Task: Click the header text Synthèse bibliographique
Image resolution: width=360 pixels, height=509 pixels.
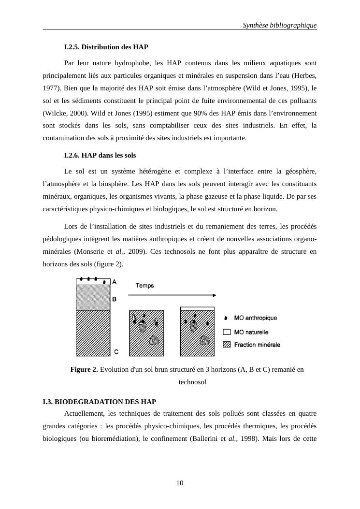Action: point(279,25)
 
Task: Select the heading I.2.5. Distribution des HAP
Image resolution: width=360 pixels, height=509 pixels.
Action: point(106,47)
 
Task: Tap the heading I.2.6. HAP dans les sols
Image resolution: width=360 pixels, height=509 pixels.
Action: point(100,156)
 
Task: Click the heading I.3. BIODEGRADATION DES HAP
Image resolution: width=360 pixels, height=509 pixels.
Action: point(99,402)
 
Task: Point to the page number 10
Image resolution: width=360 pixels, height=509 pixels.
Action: point(180,483)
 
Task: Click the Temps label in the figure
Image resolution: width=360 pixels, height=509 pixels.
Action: point(144,286)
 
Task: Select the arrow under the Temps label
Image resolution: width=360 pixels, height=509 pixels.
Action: point(172,295)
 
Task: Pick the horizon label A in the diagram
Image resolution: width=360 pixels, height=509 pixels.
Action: point(114,281)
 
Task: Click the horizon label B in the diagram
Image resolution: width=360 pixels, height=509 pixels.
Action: point(114,299)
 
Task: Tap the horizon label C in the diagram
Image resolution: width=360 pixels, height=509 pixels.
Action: point(116,351)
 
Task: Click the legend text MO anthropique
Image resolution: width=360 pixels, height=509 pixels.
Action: point(256,318)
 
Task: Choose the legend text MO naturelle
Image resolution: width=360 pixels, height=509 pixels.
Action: point(251,332)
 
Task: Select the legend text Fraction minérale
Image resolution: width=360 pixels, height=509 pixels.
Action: point(257,345)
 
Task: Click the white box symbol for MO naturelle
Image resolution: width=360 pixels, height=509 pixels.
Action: point(226,332)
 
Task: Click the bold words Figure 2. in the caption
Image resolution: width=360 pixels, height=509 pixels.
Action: point(84,370)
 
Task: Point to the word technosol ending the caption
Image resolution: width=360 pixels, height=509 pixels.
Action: point(192,382)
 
